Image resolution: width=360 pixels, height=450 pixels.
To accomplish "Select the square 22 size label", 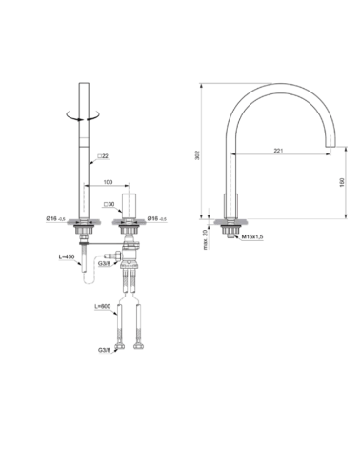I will click(106, 156).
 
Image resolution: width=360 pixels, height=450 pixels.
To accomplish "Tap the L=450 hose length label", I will click(66, 258).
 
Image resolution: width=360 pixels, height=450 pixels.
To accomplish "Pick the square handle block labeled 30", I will click(132, 204).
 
